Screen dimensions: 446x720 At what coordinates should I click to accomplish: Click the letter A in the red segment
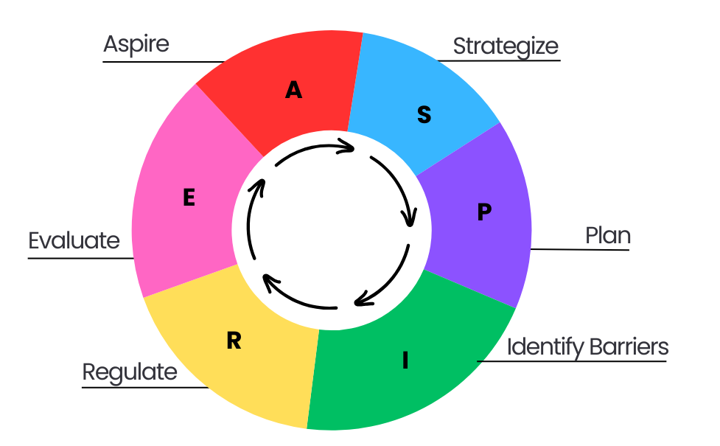[x=293, y=90]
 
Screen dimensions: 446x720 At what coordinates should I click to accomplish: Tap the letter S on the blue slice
[x=424, y=115]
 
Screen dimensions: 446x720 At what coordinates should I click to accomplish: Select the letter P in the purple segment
[x=483, y=212]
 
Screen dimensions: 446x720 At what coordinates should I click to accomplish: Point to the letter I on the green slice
[x=405, y=360]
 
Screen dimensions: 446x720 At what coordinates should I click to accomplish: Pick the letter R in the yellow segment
[x=234, y=341]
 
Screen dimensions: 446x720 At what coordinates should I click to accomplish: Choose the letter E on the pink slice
[x=189, y=198]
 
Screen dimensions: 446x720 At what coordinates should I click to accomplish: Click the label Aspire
[x=136, y=43]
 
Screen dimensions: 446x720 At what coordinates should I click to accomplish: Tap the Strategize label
[x=506, y=46]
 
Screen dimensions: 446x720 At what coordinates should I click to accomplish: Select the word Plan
[x=608, y=236]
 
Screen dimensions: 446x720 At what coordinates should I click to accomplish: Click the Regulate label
[x=130, y=372]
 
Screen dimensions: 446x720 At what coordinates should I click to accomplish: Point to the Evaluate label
[x=74, y=240]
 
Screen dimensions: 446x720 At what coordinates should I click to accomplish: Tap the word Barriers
[x=628, y=346]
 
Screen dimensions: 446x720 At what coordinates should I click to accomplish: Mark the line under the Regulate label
[x=144, y=387]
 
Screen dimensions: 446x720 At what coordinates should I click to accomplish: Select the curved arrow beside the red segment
[x=313, y=148]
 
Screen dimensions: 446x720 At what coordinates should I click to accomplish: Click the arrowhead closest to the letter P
[x=408, y=218]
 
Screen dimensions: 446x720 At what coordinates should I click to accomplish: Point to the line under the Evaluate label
[x=81, y=258]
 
